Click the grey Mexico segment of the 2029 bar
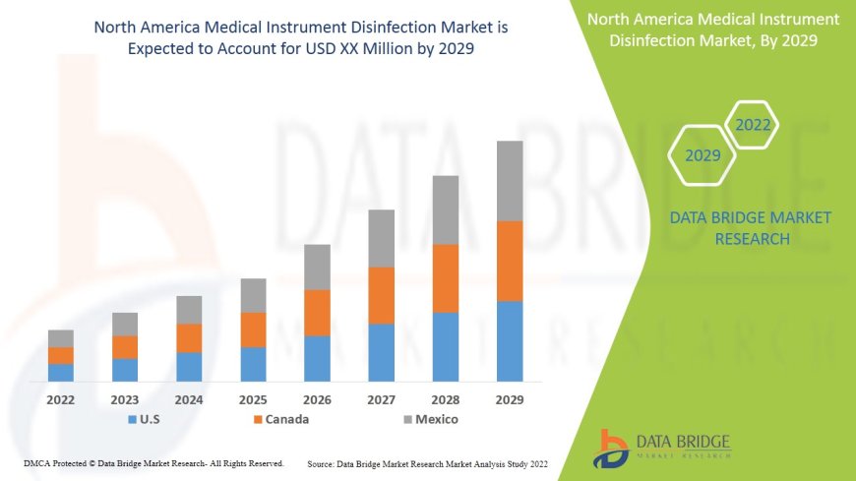coord(510,181)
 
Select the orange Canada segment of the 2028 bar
coord(446,278)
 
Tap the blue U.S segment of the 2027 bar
coord(381,352)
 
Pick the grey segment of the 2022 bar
coord(61,338)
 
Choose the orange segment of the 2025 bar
coord(253,330)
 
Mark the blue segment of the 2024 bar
coord(189,367)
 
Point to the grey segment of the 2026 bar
coord(317,267)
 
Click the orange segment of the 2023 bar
coord(125,347)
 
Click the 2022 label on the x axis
coord(61,400)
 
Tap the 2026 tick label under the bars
coord(317,400)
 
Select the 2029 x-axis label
coord(510,400)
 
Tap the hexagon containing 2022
coord(752,125)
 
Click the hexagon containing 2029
coord(703,155)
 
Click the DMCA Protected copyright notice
coord(153,463)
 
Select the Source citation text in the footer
coord(427,463)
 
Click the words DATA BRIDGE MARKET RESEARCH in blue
coord(750,228)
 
